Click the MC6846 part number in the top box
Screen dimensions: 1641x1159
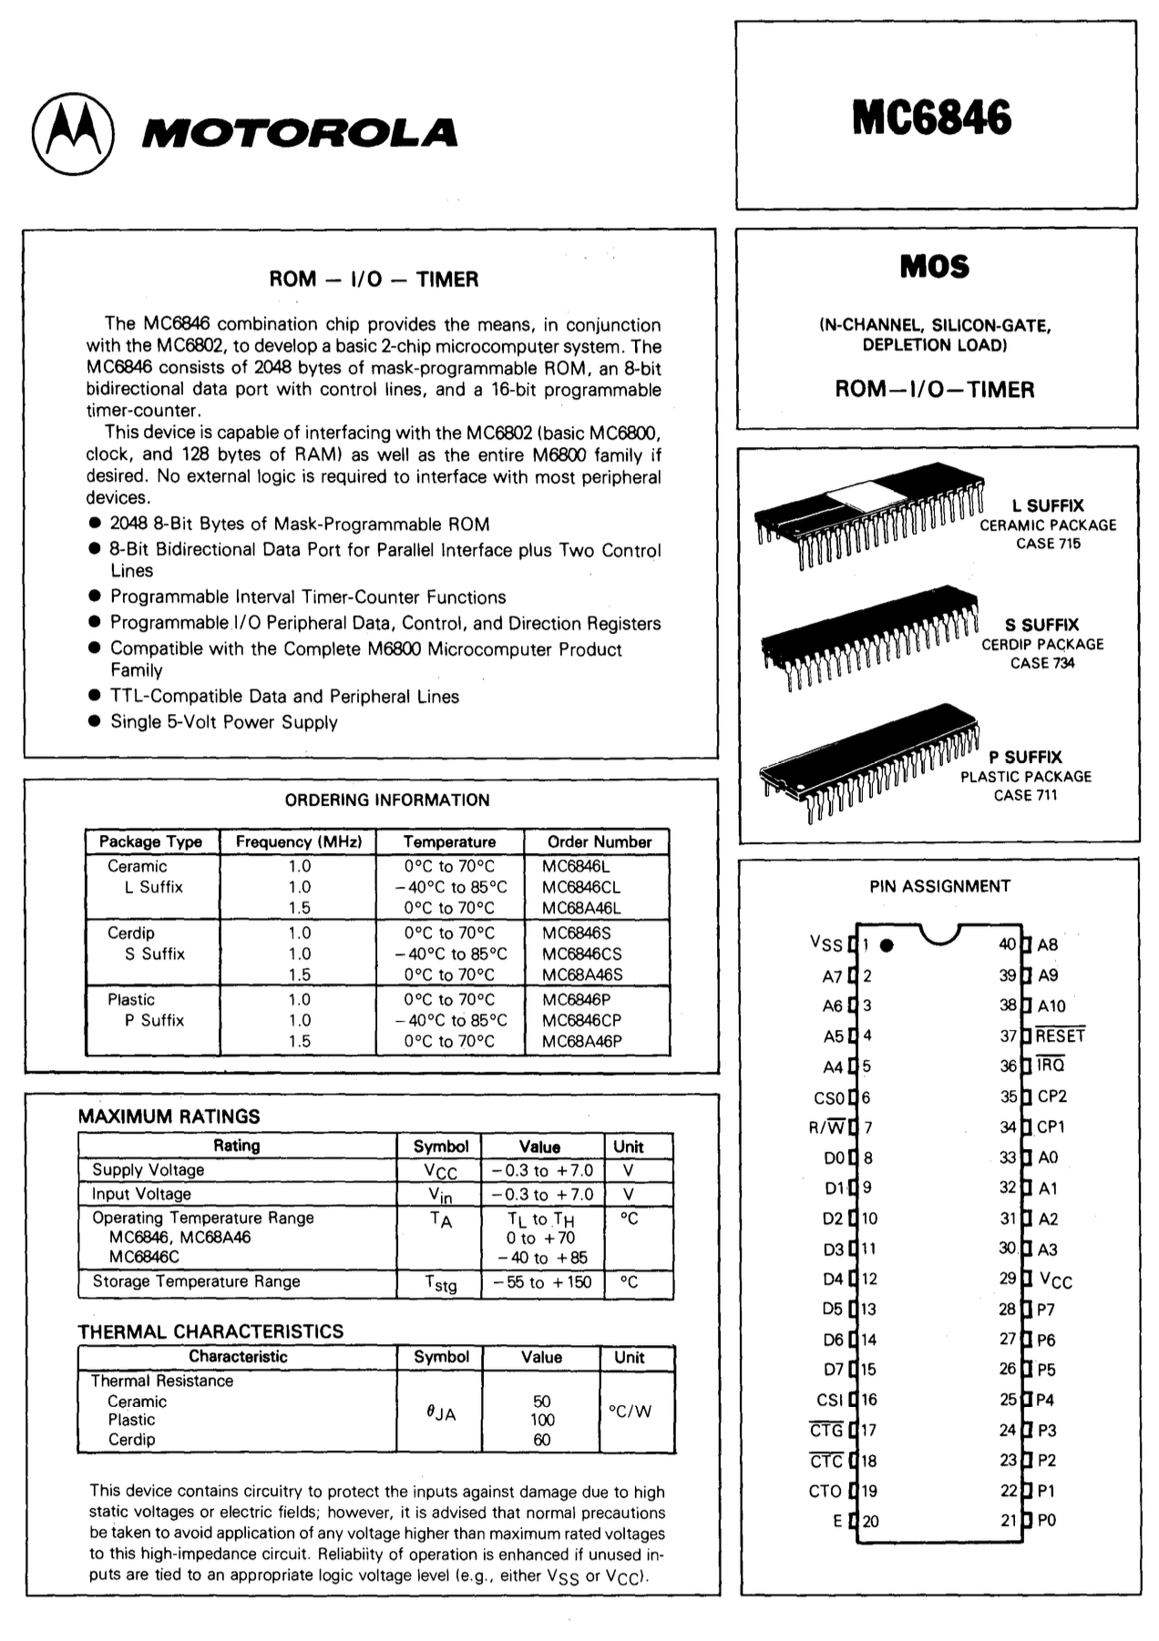931,117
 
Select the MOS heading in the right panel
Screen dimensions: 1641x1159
934,267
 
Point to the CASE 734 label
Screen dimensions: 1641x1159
1041,663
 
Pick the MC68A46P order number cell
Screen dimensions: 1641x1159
581,1041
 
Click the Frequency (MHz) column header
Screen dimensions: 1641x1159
299,841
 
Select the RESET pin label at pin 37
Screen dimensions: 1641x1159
1060,1035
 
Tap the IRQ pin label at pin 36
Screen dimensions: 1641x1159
1051,1065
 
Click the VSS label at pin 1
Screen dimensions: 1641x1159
826,944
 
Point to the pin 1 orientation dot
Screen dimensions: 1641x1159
886,945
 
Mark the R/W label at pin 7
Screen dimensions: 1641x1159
826,1127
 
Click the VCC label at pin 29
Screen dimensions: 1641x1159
1055,1280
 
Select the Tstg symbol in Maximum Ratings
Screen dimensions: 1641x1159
441,1283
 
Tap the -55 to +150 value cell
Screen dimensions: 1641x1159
541,1282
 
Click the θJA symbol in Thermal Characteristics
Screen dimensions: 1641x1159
441,1412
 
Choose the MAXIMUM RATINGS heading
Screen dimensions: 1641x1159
169,1116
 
